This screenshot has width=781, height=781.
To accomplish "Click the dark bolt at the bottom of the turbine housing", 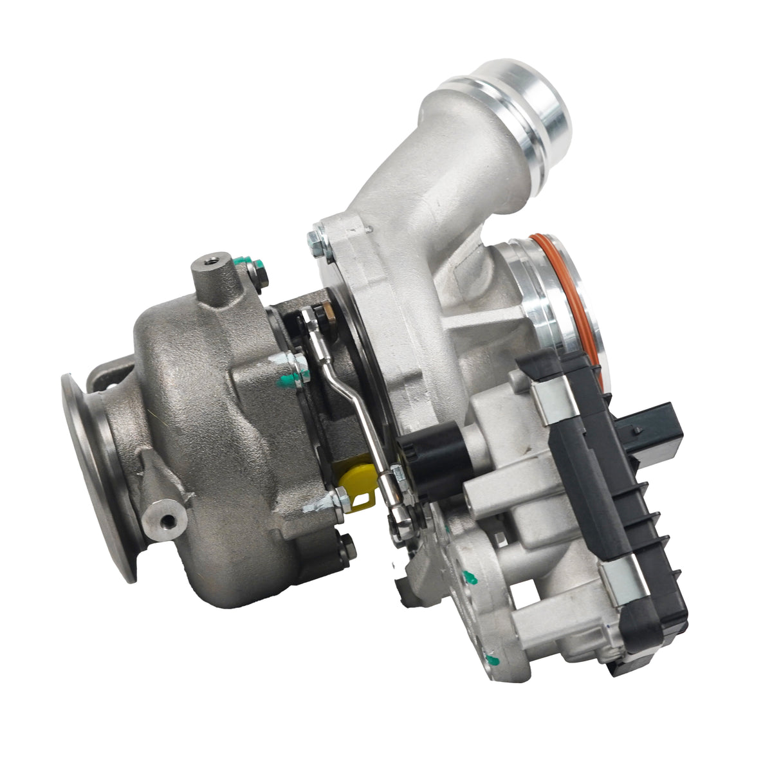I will click(347, 548).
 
